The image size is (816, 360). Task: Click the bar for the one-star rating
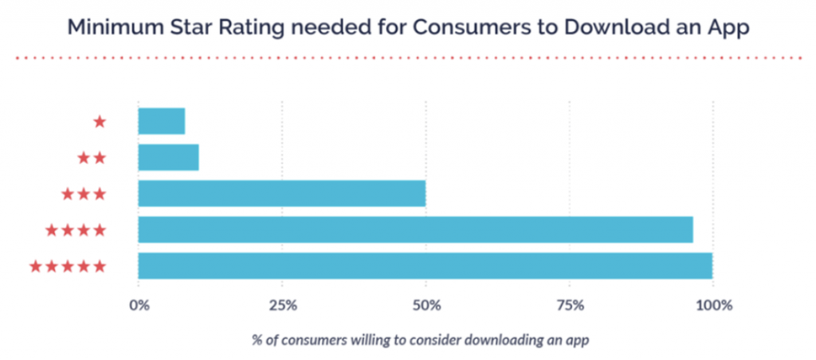pyautogui.click(x=161, y=121)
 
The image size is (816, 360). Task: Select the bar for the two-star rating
pyautogui.click(x=168, y=158)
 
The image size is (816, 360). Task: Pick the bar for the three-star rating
pyautogui.click(x=281, y=194)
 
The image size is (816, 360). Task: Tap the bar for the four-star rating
pyautogui.click(x=415, y=229)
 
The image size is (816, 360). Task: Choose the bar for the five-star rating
pyautogui.click(x=425, y=265)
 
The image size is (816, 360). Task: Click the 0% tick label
pyautogui.click(x=139, y=305)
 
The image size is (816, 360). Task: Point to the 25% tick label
pyautogui.click(x=283, y=305)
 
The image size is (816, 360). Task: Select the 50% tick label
pyautogui.click(x=426, y=305)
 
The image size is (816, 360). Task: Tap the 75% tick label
pyautogui.click(x=569, y=305)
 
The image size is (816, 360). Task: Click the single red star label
pyautogui.click(x=100, y=122)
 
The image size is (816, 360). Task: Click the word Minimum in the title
pyautogui.click(x=112, y=27)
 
